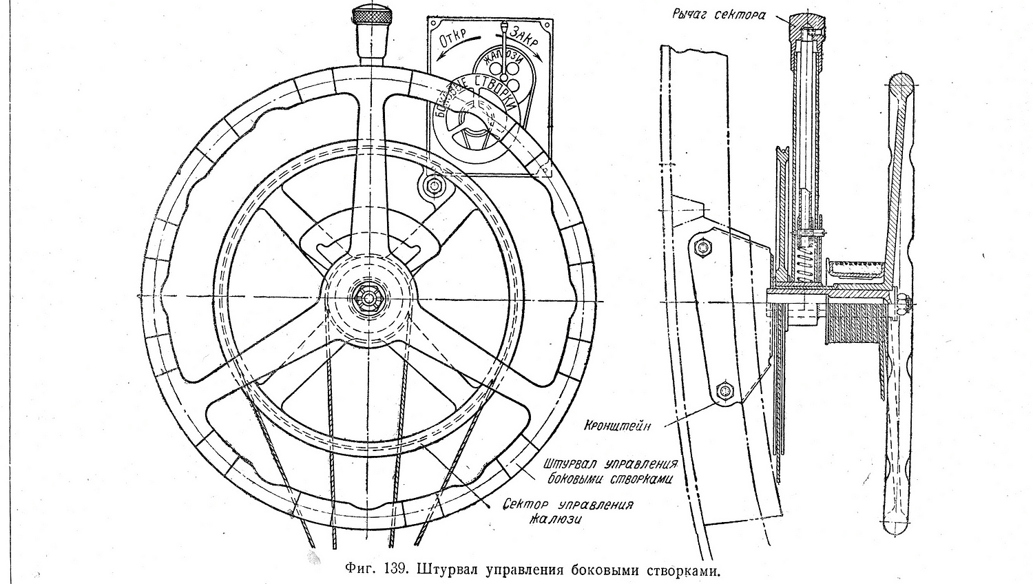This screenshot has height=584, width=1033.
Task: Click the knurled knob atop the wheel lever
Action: pos(371,15)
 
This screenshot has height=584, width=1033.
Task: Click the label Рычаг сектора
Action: pos(718,14)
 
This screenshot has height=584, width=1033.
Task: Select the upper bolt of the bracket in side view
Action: pos(702,246)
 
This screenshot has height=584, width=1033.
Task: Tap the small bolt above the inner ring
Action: pos(434,185)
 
